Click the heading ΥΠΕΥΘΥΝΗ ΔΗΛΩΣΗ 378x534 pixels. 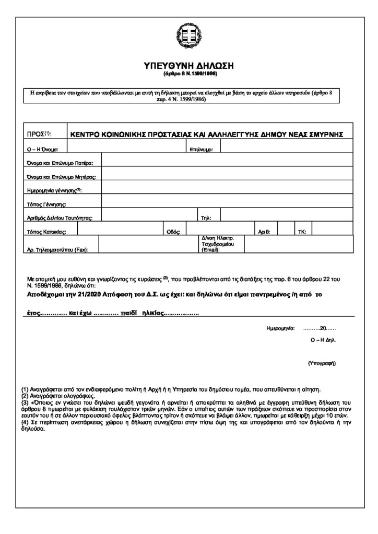coord(189,66)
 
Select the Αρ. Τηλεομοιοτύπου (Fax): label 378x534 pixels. coord(57,250)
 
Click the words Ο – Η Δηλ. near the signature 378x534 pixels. coord(323,339)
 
